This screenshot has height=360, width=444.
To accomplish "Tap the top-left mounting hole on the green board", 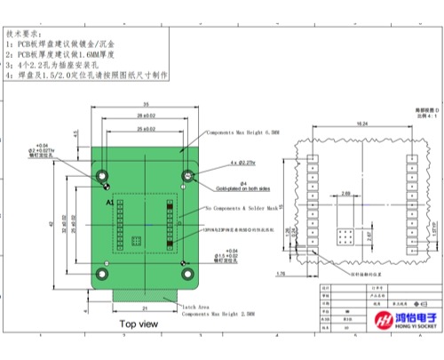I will tap(102, 174).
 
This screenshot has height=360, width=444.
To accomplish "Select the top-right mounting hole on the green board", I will tap(189, 174).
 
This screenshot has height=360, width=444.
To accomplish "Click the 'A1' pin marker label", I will tap(110, 203).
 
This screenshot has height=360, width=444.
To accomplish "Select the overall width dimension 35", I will tap(146, 105).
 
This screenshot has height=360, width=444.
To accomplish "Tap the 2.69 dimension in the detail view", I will tap(344, 189).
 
